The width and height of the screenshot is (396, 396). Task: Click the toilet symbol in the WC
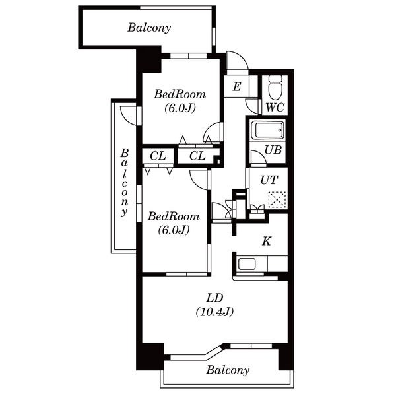(x=275, y=87)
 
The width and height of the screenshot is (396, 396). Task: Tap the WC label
(x=275, y=108)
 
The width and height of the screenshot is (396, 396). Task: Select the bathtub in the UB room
(x=268, y=130)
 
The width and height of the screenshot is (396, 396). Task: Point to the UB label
(x=273, y=150)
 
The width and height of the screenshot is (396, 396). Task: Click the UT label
(x=269, y=180)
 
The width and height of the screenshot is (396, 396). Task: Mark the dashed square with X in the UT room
(x=277, y=200)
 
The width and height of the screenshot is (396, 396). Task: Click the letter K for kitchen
(x=267, y=241)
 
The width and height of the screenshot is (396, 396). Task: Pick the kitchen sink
(x=247, y=264)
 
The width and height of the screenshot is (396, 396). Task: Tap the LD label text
(x=214, y=298)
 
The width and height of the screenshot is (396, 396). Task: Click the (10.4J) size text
(x=214, y=312)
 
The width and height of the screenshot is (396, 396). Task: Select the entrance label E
(x=237, y=87)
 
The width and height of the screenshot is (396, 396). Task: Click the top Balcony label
(x=149, y=28)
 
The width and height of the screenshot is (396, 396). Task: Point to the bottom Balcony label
(x=228, y=370)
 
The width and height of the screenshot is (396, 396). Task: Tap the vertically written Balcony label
(x=125, y=182)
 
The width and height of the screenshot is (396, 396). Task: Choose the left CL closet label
(x=158, y=156)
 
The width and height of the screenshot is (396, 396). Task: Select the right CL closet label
(x=197, y=156)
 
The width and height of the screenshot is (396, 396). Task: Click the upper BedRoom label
(x=180, y=94)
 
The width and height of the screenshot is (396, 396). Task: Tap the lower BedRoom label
(x=174, y=216)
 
